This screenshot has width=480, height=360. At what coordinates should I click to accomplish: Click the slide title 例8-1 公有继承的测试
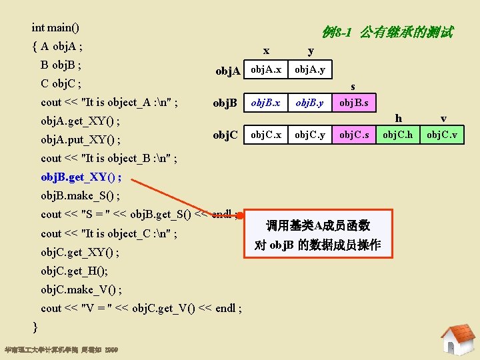387,31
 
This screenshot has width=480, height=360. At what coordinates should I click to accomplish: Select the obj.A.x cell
265,69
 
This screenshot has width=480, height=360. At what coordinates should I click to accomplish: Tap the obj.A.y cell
310,69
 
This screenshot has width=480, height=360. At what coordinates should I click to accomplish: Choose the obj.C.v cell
442,135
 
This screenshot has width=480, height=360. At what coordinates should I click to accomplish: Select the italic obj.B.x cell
265,103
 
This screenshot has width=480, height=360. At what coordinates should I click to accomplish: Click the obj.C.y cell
310,135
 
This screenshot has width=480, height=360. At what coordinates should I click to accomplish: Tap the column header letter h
399,119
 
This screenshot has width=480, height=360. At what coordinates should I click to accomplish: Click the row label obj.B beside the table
225,103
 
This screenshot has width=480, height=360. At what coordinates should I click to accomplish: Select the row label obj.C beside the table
225,135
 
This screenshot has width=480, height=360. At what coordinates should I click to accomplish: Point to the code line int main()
55,28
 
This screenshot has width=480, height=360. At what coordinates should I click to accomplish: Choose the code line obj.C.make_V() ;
81,289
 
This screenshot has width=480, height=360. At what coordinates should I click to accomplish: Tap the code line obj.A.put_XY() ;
81,140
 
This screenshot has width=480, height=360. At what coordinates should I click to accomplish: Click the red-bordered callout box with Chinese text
318,235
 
